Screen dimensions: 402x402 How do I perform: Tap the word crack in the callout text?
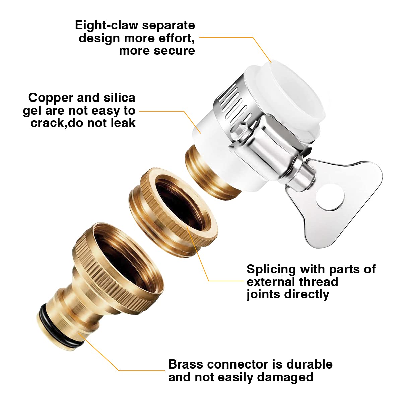pos(46,123)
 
